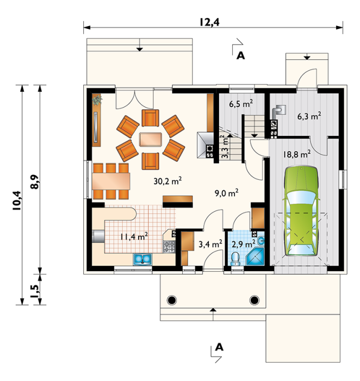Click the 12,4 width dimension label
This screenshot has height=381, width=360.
pyautogui.click(x=210, y=22)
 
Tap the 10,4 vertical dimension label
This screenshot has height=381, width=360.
pyautogui.click(x=17, y=201)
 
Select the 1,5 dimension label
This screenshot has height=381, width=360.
pyautogui.click(x=34, y=291)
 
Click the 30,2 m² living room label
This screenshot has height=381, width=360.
pyautogui.click(x=167, y=180)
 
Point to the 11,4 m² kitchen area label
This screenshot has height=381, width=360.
pyautogui.click(x=134, y=236)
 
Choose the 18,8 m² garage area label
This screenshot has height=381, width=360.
pyautogui.click(x=297, y=154)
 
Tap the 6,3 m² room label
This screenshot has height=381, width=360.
pyautogui.click(x=309, y=116)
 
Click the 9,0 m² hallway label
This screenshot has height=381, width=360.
pyautogui.click(x=226, y=193)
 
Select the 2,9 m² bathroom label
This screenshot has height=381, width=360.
pyautogui.click(x=243, y=243)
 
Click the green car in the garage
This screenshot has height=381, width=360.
pyautogui.click(x=301, y=211)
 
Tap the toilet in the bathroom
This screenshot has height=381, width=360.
pyautogui.click(x=235, y=259)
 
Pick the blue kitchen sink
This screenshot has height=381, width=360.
pyautogui.click(x=142, y=259)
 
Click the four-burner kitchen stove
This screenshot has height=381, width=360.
pyautogui.click(x=169, y=247)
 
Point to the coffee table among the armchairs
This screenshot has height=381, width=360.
pyautogui.click(x=151, y=139)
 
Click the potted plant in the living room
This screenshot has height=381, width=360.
pyautogui.click(x=97, y=99)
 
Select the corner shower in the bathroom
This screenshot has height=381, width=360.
pyautogui.click(x=255, y=257)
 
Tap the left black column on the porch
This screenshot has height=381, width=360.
pyautogui.click(x=172, y=301)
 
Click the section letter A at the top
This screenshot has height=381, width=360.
pyautogui.click(x=241, y=55)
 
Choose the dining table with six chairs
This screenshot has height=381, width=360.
pyautogui.click(x=111, y=181)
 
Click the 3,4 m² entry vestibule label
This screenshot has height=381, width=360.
pyautogui.click(x=210, y=243)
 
